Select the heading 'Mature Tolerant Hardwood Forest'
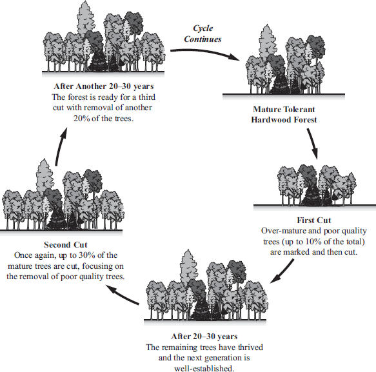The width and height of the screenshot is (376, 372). click(284, 114)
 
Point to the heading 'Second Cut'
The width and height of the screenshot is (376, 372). click(65, 245)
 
